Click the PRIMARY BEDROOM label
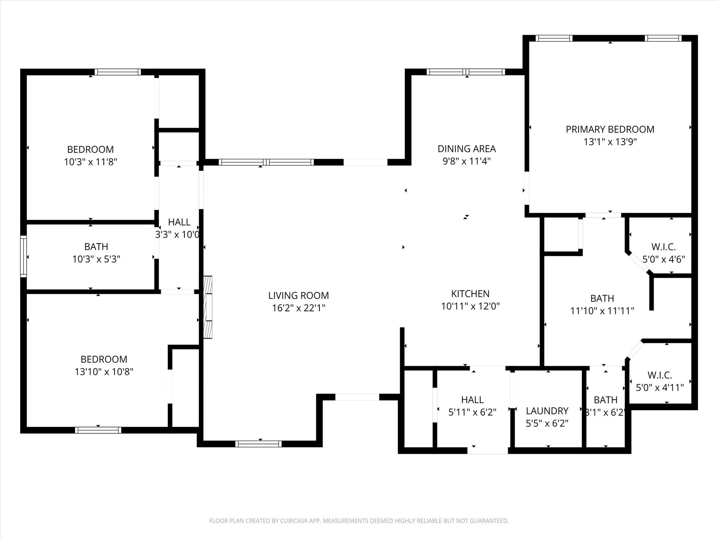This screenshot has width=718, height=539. pyautogui.click(x=610, y=129)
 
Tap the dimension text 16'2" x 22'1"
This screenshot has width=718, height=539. pyautogui.click(x=298, y=308)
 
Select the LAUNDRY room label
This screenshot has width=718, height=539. pyautogui.click(x=547, y=411)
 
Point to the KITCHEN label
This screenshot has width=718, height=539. pyautogui.click(x=470, y=294)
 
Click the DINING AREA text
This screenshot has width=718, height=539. pyautogui.click(x=467, y=149)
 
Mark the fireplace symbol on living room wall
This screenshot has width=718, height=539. pyautogui.click(x=208, y=307)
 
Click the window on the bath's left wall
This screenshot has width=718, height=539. pyautogui.click(x=23, y=257)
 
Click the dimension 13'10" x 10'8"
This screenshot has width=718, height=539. pyautogui.click(x=104, y=372)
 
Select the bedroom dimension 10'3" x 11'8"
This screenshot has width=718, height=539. pyautogui.click(x=90, y=162)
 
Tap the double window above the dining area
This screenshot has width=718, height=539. pyautogui.click(x=466, y=72)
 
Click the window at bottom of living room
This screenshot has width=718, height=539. pyautogui.click(x=258, y=444)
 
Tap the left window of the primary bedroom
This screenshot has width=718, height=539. pyautogui.click(x=554, y=38)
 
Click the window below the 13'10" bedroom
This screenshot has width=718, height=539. pyautogui.click(x=98, y=430)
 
